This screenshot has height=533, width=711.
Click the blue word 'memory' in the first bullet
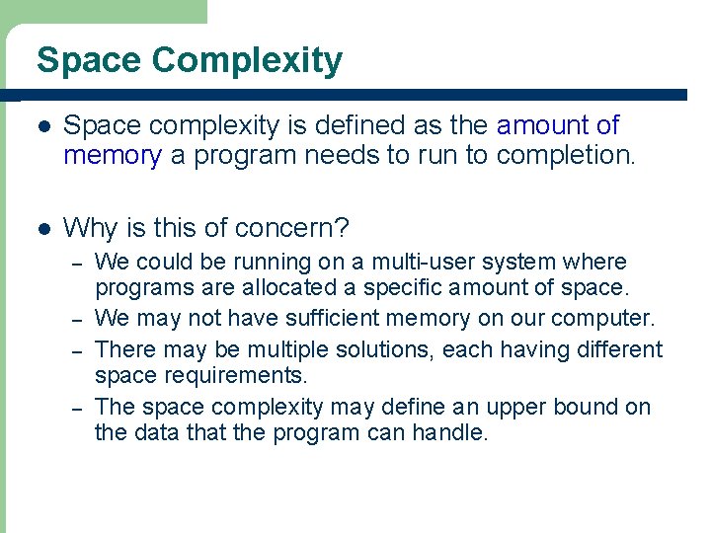pyautogui.click(x=112, y=156)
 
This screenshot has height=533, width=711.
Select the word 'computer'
pyautogui.click(x=602, y=319)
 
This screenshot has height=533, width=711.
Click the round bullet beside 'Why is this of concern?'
pyautogui.click(x=40, y=229)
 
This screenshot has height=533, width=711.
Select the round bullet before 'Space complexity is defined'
pyautogui.click(x=40, y=126)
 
